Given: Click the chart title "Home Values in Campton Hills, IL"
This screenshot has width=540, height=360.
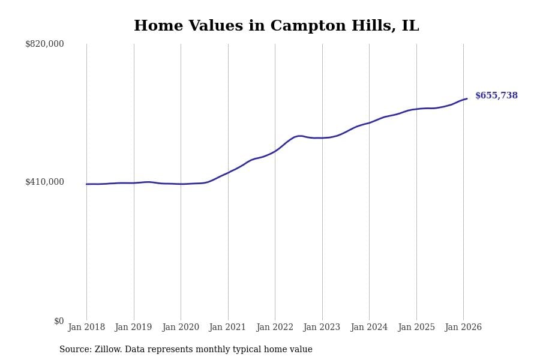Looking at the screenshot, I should [x=276, y=26].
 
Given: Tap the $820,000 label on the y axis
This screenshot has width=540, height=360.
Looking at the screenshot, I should [x=44, y=44].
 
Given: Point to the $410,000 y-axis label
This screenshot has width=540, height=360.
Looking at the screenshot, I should [x=44, y=182].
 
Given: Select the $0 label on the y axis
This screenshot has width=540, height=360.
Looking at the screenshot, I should [x=59, y=321].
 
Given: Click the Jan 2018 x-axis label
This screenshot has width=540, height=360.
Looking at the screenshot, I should [x=86, y=328].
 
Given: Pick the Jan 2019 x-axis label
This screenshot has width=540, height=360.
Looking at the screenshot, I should [x=133, y=328].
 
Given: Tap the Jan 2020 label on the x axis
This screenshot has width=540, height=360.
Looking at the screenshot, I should [x=181, y=328].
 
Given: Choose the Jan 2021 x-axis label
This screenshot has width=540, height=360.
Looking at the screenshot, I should [x=227, y=328].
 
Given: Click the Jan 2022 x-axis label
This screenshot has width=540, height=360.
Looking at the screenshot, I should [x=275, y=328].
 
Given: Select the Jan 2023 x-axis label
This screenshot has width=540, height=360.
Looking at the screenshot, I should [x=322, y=328].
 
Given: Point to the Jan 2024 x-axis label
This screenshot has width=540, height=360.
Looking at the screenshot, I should [x=369, y=328].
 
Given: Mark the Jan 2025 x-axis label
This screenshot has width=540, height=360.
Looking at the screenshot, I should [x=416, y=328].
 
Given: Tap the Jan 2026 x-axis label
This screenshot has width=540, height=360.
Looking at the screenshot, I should [x=463, y=328].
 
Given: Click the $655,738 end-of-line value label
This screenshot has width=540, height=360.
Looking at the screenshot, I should [x=496, y=96].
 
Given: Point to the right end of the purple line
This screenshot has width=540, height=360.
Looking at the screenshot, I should [x=467, y=98].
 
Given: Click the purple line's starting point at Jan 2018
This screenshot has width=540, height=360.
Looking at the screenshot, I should [x=86, y=184].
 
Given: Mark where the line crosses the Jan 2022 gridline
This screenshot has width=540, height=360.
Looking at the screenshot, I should [x=275, y=151].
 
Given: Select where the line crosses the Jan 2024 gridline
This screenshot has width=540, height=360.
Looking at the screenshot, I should [x=369, y=122].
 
